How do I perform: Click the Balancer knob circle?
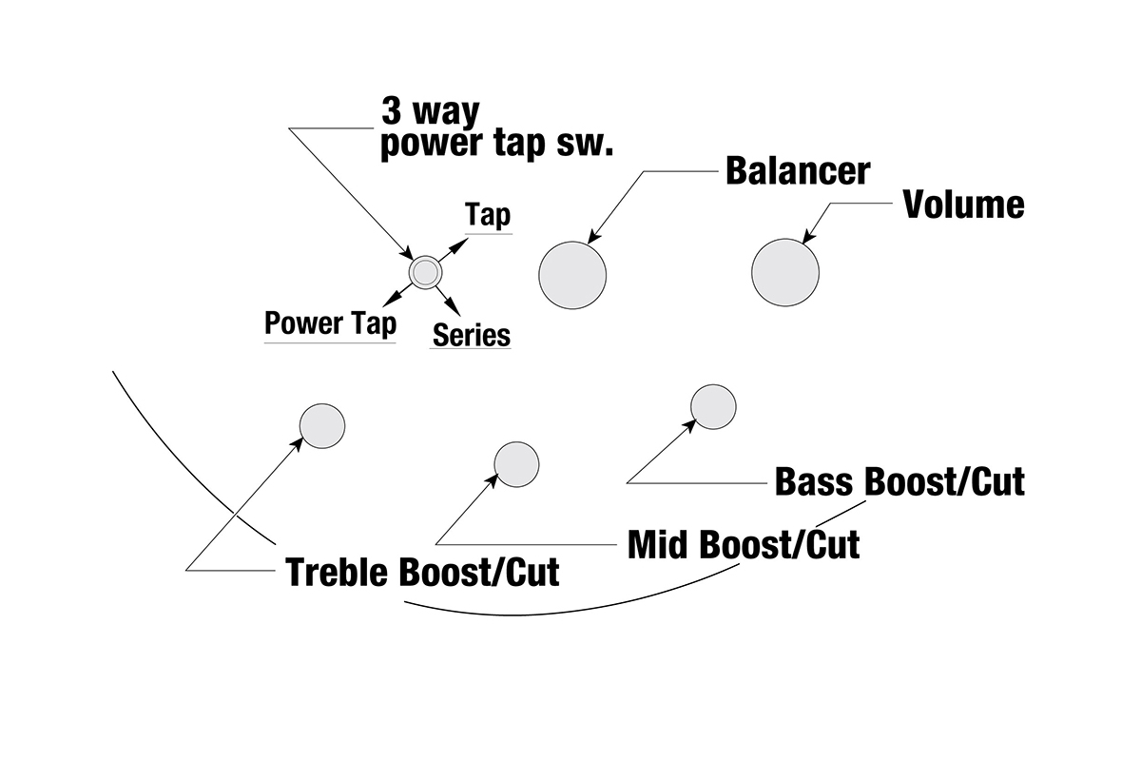click(572, 275)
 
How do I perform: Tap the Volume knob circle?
click(785, 273)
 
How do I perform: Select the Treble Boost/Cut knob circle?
click(322, 425)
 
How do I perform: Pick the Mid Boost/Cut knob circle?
click(517, 464)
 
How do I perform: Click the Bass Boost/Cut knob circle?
click(713, 406)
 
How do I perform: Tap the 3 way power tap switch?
click(424, 273)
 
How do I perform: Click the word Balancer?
click(797, 171)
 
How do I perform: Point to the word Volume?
click(963, 205)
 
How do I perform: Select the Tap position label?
click(488, 216)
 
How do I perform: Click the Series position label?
click(472, 335)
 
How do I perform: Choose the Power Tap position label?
click(330, 323)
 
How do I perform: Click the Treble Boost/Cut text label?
click(423, 573)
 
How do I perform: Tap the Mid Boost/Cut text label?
click(744, 545)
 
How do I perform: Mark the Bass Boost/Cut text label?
click(899, 481)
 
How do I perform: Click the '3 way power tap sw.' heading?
click(496, 129)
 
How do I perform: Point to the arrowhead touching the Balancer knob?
click(593, 239)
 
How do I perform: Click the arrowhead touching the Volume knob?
click(808, 238)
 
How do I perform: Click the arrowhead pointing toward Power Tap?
click(387, 302)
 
